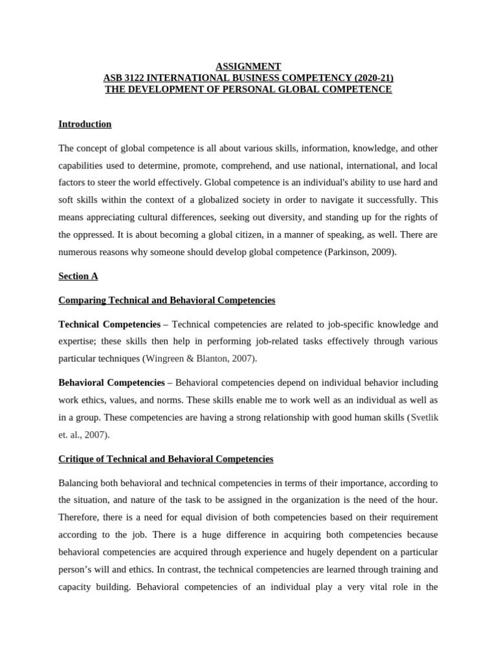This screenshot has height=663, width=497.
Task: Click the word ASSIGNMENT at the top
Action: click(x=248, y=66)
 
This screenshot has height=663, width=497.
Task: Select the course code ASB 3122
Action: click(x=125, y=78)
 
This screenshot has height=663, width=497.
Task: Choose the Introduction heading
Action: click(x=85, y=124)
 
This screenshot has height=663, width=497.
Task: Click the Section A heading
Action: click(x=78, y=276)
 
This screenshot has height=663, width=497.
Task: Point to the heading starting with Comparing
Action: click(x=166, y=300)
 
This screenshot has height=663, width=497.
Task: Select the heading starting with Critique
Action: click(x=166, y=459)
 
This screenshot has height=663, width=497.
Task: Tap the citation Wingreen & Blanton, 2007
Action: click(x=199, y=358)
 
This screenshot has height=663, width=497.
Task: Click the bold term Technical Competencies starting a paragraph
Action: click(x=109, y=324)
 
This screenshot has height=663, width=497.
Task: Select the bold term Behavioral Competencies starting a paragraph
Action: click(x=111, y=383)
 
